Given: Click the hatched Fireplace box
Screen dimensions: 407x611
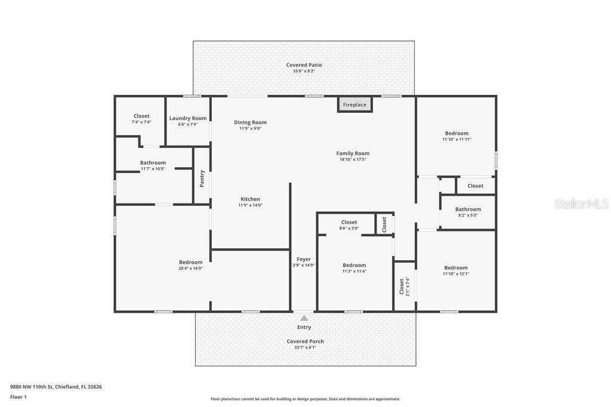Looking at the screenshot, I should tap(354, 104).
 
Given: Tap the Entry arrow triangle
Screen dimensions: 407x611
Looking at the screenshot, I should tap(304, 318).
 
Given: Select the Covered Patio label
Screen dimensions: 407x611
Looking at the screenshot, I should tap(304, 65).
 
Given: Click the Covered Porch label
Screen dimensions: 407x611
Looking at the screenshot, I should tap(305, 341).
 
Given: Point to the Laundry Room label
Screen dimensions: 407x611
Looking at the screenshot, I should tap(188, 118).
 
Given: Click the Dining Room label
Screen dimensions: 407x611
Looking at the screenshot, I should tap(250, 122).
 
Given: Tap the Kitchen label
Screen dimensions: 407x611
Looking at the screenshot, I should tap(250, 199).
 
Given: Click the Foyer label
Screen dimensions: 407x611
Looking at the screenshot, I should tap(304, 259).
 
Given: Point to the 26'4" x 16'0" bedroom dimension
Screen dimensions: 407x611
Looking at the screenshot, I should tap(191, 268).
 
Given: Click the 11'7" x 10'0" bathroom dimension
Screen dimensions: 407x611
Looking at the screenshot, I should tap(153, 169).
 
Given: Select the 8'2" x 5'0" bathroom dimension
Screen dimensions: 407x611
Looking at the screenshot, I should tap(468, 215).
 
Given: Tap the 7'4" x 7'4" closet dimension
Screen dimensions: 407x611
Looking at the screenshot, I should tap(141, 122).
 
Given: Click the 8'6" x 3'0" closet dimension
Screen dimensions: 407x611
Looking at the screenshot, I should tap(349, 228).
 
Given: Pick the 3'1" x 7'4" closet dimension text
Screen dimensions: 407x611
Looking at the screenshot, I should tap(408, 286).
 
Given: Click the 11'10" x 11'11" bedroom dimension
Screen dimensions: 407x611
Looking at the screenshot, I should tap(456, 139).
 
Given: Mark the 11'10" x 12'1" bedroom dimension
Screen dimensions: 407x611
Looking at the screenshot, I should tap(456, 274).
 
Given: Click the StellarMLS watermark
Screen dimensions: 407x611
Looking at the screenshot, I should tap(581, 203).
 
